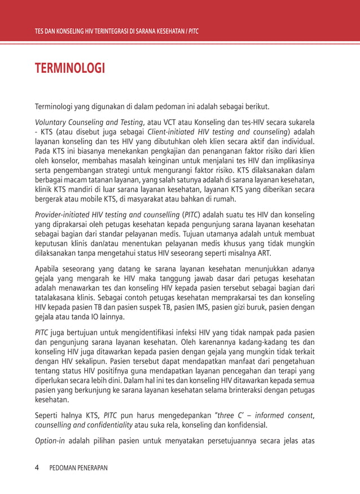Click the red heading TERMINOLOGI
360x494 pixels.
[70, 69]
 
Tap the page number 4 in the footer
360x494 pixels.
[37, 467]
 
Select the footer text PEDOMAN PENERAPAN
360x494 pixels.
[78, 468]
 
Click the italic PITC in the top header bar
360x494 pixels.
[193, 30]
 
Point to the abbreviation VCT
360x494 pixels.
[172, 121]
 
